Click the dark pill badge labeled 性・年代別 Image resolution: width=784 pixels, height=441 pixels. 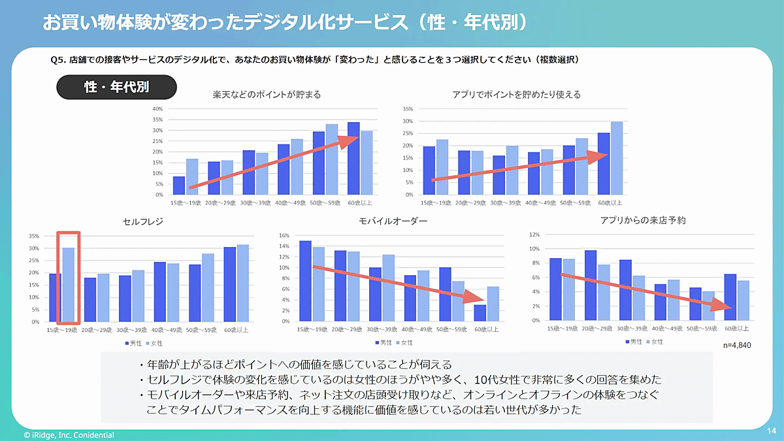click(x=116, y=88)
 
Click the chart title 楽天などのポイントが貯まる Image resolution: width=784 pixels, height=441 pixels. click(x=267, y=95)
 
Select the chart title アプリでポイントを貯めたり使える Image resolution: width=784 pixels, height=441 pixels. click(x=516, y=95)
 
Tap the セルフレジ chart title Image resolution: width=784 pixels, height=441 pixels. click(x=142, y=222)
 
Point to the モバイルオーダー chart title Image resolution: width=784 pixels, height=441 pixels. click(x=393, y=221)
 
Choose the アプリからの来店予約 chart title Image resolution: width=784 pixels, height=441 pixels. click(x=643, y=221)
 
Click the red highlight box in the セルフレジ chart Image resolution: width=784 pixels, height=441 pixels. click(x=69, y=277)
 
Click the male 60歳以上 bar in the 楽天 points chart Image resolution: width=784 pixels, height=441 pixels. click(x=353, y=159)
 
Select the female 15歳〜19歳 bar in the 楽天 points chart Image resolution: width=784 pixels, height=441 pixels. click(x=192, y=177)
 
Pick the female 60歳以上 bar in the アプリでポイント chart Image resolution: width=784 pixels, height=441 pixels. click(x=616, y=158)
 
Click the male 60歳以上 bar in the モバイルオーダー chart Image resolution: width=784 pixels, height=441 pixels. click(x=480, y=313)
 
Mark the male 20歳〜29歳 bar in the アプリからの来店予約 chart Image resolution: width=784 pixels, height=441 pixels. click(x=591, y=286)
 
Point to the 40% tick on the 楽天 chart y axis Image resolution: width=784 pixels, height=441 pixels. click(x=157, y=108)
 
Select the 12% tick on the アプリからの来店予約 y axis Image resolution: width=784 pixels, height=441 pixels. click(x=533, y=235)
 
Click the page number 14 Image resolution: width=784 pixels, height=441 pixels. click(x=771, y=431)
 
